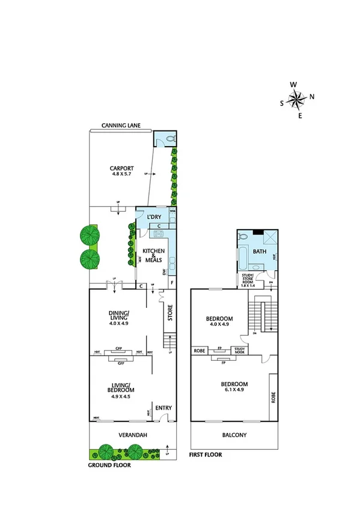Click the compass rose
coord(297,99)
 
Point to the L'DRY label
coord(149,216)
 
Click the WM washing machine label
coord(172,212)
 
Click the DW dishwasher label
coord(164,272)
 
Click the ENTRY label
coord(163,408)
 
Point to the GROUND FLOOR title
coord(110,465)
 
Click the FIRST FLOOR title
coord(206,455)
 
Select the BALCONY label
coord(234,435)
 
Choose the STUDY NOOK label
coord(239,350)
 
